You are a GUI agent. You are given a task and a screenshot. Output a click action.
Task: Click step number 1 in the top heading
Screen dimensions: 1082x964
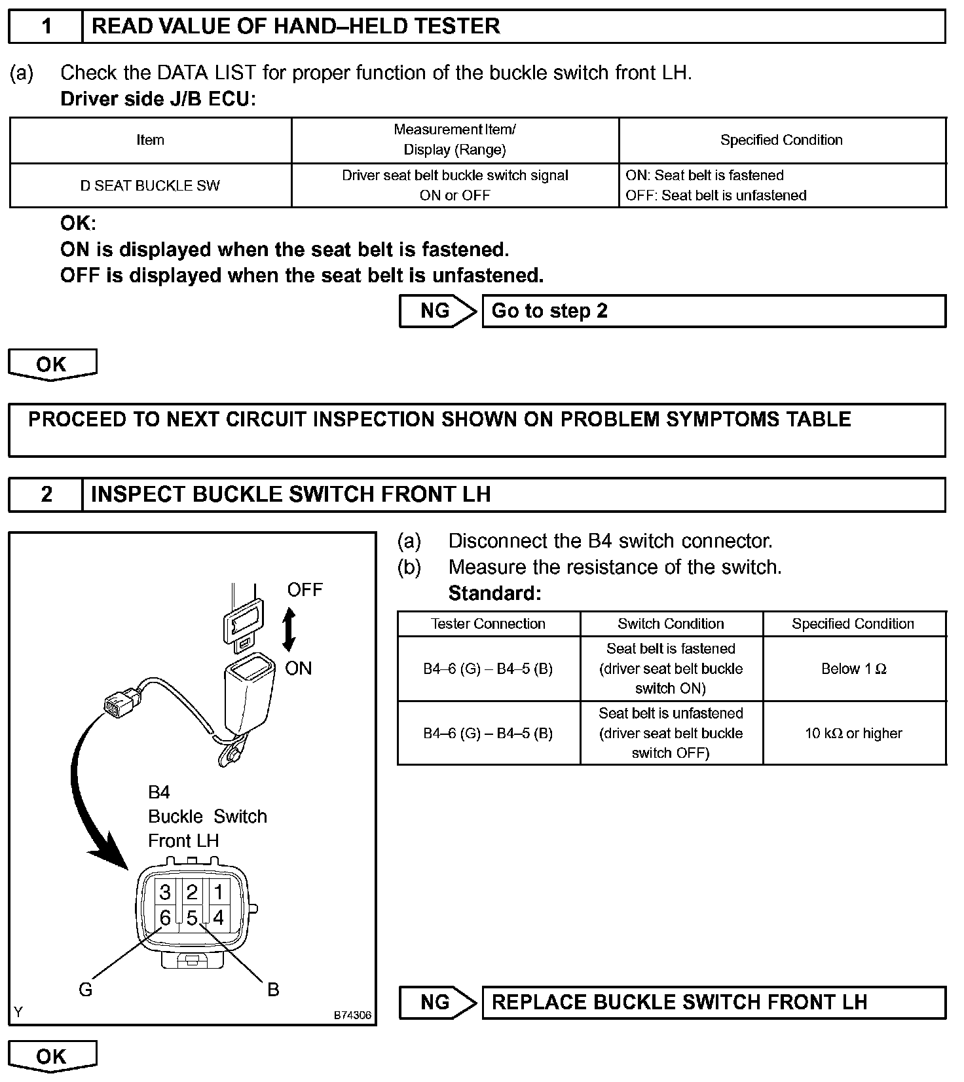(46, 27)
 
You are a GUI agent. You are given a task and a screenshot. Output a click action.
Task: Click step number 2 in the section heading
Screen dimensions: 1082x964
(46, 494)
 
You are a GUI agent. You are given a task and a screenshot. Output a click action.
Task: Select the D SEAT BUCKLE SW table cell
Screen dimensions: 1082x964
(150, 186)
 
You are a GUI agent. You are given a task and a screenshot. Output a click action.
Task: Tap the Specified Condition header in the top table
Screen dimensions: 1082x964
(781, 140)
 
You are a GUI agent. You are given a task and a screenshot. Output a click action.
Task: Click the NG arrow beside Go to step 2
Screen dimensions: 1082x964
(437, 311)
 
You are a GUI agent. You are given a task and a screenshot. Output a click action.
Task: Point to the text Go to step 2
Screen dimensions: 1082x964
(549, 311)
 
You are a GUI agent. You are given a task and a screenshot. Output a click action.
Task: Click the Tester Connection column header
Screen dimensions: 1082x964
(488, 624)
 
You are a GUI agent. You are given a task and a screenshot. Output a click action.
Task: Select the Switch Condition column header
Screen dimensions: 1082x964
(671, 624)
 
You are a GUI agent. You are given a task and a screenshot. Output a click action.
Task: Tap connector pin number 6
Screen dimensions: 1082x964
(165, 918)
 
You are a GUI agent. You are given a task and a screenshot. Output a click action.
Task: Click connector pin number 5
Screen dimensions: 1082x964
(192, 918)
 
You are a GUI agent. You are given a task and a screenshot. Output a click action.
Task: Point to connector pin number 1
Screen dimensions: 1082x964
(219, 892)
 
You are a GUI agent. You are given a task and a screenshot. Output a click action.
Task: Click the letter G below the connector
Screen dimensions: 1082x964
(85, 990)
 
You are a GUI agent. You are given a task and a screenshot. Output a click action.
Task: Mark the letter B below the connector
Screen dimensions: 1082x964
(273, 990)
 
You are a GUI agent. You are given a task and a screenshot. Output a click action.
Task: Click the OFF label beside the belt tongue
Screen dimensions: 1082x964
(305, 590)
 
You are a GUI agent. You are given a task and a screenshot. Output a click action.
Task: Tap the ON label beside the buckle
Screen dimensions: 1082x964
(298, 669)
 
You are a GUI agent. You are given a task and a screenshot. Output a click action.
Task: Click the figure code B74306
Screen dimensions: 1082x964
(352, 1016)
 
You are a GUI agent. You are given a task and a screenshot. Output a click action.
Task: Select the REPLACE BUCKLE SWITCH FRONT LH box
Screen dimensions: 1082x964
(713, 1003)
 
